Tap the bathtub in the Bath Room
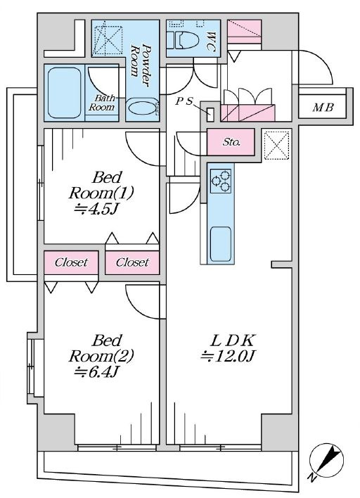65,93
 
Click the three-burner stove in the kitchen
221,181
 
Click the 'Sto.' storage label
231,142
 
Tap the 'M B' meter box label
323,108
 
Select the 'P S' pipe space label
184,101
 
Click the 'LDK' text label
233,340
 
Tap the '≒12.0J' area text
229,356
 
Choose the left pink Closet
71,262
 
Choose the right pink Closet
132,262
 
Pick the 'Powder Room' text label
141,65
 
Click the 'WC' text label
210,41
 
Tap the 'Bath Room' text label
101,103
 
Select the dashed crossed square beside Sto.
277,146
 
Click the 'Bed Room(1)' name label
101,185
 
